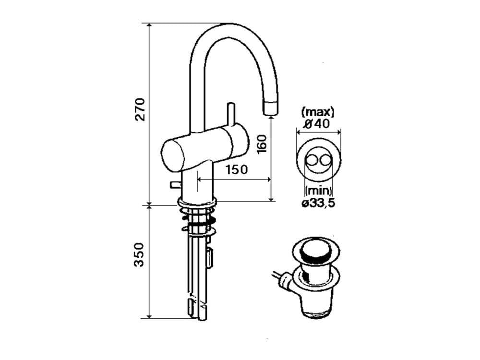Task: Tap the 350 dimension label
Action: (x=139, y=255)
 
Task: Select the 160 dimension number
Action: (x=262, y=144)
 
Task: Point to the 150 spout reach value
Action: (x=236, y=169)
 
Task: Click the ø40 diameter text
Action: (x=318, y=124)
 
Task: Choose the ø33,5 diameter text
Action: (x=318, y=203)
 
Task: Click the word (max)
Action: (x=318, y=112)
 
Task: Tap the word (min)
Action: (x=318, y=191)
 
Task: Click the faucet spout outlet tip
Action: (x=271, y=108)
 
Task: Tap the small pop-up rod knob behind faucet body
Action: (x=175, y=185)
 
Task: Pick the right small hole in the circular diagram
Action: (x=324, y=160)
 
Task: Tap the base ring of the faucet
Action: (x=197, y=203)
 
